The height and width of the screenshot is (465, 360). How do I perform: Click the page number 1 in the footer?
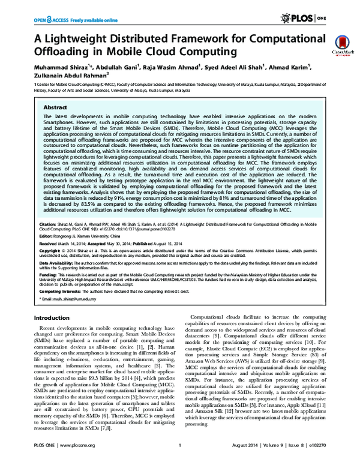pyautogui.click(x=180, y=455)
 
